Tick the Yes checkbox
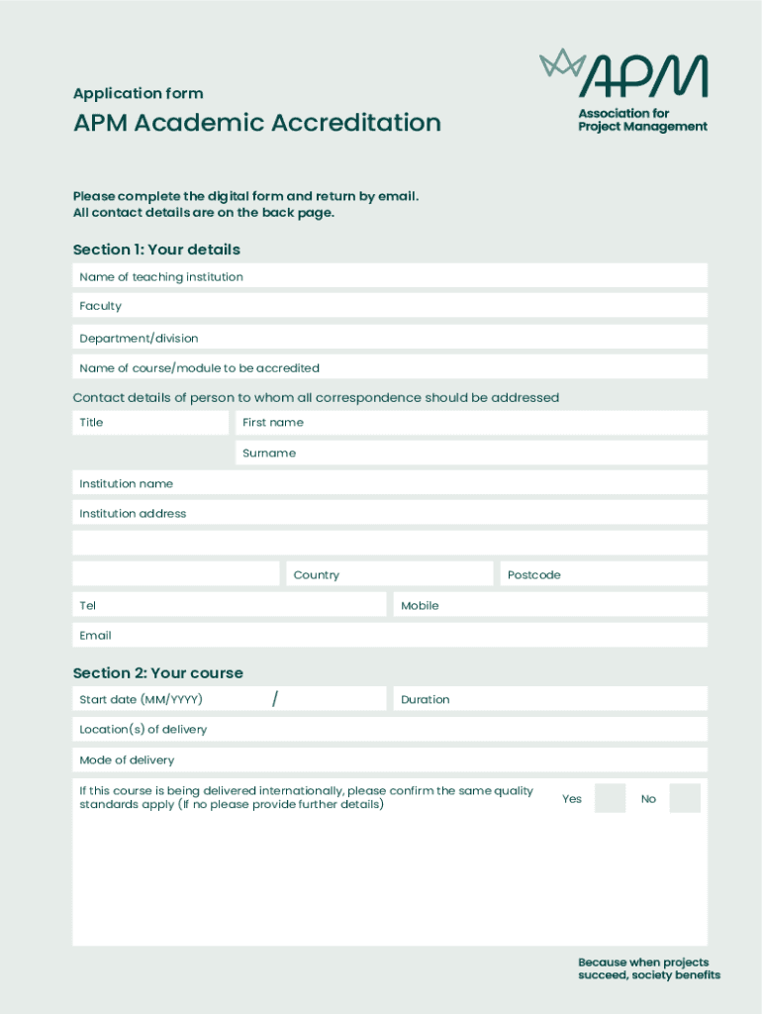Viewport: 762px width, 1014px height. pyautogui.click(x=610, y=798)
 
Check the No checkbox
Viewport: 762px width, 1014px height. pyautogui.click(x=684, y=798)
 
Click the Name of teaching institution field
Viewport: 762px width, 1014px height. pyautogui.click(x=390, y=276)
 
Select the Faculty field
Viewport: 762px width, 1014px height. pyautogui.click(x=390, y=306)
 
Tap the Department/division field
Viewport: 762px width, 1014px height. pyautogui.click(x=390, y=338)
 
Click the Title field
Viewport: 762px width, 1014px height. pyautogui.click(x=150, y=423)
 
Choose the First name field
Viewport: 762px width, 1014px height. pyautogui.click(x=471, y=423)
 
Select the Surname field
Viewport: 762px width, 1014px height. pyautogui.click(x=471, y=454)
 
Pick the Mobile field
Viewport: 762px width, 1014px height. pyautogui.click(x=550, y=605)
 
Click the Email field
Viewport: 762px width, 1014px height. pyautogui.click(x=390, y=636)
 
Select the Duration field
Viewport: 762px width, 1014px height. pyautogui.click(x=550, y=699)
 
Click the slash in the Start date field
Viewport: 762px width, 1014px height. pyautogui.click(x=274, y=699)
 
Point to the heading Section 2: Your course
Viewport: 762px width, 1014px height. pyautogui.click(x=158, y=673)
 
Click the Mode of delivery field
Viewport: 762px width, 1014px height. pyautogui.click(x=390, y=760)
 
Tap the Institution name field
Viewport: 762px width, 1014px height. pyautogui.click(x=390, y=483)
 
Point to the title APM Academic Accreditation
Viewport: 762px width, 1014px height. pyautogui.click(x=257, y=123)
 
